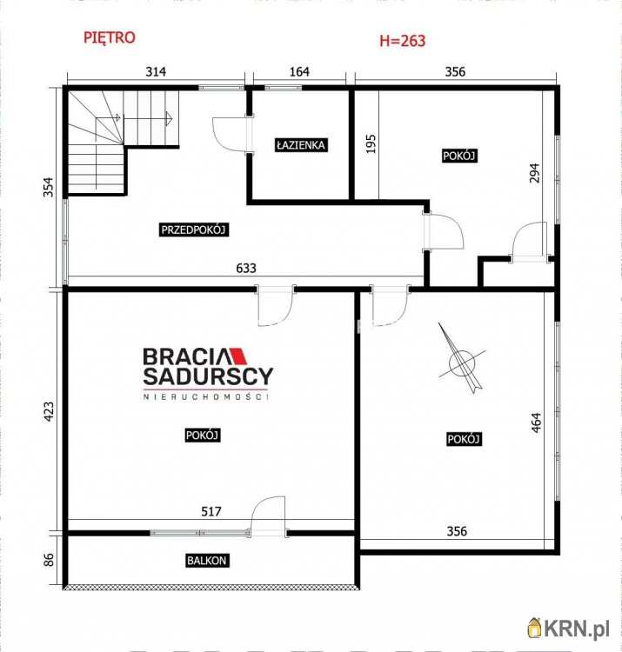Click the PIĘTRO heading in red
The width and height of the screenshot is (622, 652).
tap(110, 38)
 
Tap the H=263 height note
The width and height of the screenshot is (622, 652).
tap(402, 41)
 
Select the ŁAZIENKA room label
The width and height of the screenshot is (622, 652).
tap(301, 144)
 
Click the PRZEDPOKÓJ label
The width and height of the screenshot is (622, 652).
tap(193, 230)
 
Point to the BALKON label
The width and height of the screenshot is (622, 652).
tap(207, 561)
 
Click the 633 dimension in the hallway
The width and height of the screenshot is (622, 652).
tap(246, 269)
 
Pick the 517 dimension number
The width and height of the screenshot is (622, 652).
tap(211, 511)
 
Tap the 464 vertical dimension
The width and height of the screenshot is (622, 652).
tap(536, 422)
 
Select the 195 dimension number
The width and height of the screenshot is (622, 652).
tap(371, 143)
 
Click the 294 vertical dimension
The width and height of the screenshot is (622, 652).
tap(535, 173)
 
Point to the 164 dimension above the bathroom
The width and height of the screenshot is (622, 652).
tap(299, 71)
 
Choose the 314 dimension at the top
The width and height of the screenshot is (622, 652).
tap(156, 71)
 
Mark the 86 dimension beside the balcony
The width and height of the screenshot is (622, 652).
tap(49, 559)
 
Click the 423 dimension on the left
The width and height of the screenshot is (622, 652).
tap(49, 412)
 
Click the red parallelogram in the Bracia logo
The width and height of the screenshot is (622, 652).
tap(239, 356)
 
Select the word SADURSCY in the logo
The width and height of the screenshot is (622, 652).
tap(208, 376)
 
